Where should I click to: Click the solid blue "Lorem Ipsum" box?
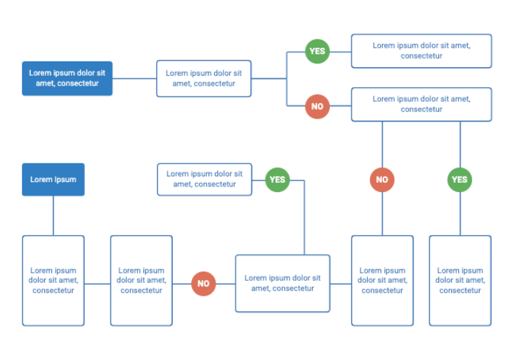pos(53,179)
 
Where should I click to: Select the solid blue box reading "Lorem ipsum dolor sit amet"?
pos(67,78)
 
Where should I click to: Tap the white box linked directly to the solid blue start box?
pos(204,78)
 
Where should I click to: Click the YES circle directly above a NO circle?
pos(318,51)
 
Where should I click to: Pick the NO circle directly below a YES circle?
pos(318,106)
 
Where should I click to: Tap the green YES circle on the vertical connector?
pos(460,179)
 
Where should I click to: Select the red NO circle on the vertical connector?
pos(382,179)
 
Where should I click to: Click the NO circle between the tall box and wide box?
pos(203,284)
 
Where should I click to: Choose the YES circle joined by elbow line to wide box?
pos(278,179)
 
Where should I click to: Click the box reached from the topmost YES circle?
pos(421,51)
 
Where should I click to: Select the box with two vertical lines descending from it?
pos(421,104)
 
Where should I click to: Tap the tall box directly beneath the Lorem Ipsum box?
pos(53,281)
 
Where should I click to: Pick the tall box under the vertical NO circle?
pos(382,281)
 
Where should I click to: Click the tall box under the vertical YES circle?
pos(460,281)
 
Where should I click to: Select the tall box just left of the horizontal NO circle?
pos(141,281)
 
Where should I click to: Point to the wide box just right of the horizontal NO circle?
pos(283,284)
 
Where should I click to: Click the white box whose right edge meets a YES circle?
pos(204,179)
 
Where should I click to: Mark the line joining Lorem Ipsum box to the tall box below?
pos(53,216)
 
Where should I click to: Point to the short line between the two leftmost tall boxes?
pos(97,284)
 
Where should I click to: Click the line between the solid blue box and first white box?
pos(134,78)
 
